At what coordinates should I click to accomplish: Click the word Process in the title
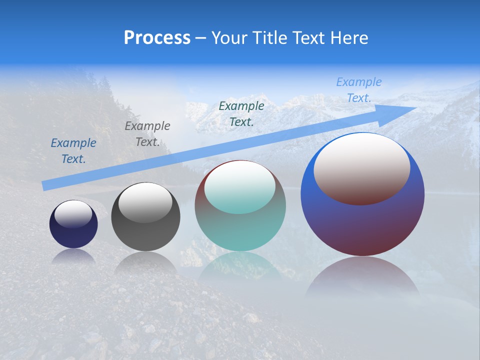point(157,38)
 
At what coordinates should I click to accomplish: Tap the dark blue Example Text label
point(73,151)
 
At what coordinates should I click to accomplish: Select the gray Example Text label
point(147,134)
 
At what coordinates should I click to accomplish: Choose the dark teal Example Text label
point(241,114)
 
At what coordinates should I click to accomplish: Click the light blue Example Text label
point(358,90)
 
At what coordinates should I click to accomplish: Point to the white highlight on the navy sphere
point(73,214)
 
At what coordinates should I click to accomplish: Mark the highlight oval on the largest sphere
point(362,169)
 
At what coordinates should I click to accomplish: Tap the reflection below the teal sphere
point(240,265)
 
